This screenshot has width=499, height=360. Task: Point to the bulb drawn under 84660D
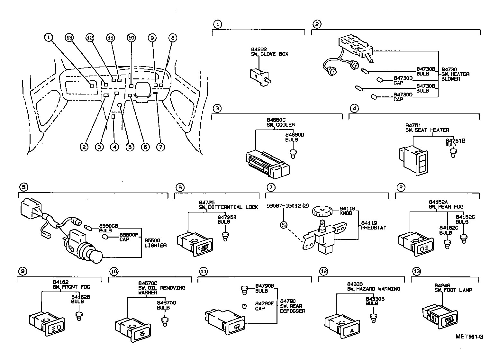293,153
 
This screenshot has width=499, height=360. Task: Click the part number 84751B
455,141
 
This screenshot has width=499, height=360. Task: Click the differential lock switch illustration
194,244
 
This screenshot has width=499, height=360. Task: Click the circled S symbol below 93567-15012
283,225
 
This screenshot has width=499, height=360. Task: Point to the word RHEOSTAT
373,228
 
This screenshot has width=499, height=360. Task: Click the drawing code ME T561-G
469,337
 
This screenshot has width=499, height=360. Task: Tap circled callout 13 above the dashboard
69,38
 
